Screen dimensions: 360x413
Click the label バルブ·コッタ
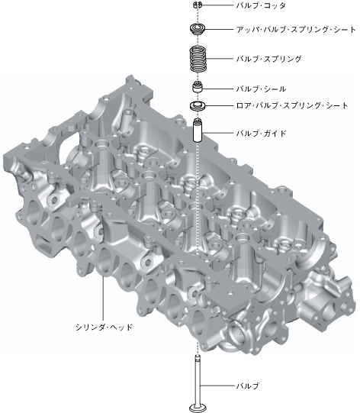click(261, 5)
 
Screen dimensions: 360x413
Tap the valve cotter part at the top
click(198, 5)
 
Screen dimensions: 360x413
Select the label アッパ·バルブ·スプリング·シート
click(296, 29)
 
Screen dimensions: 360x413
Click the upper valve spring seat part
click(197, 29)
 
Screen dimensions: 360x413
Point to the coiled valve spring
click(198, 59)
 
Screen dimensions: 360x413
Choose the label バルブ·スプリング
click(268, 59)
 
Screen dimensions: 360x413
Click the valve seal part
click(198, 87)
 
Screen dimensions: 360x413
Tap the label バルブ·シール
click(261, 89)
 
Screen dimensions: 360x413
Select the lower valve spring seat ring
click(198, 106)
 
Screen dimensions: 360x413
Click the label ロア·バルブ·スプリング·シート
click(292, 105)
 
